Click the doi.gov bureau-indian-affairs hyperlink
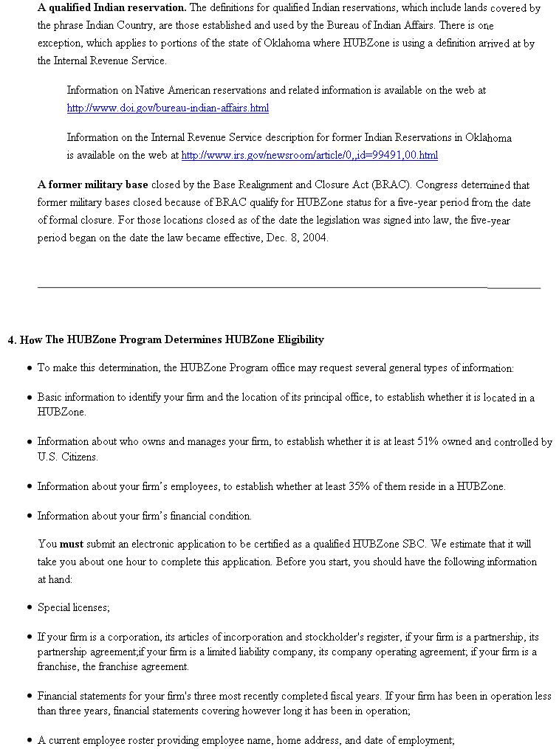click(168, 108)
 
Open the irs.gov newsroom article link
click(309, 156)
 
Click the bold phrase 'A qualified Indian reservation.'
click(112, 8)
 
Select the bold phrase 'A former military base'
click(93, 184)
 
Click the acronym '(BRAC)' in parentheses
click(389, 184)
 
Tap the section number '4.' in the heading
click(12, 340)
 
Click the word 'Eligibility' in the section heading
click(301, 339)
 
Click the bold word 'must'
click(72, 545)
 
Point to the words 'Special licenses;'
click(74, 607)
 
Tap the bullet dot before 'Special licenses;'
click(28, 608)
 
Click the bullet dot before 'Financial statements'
click(28, 697)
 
